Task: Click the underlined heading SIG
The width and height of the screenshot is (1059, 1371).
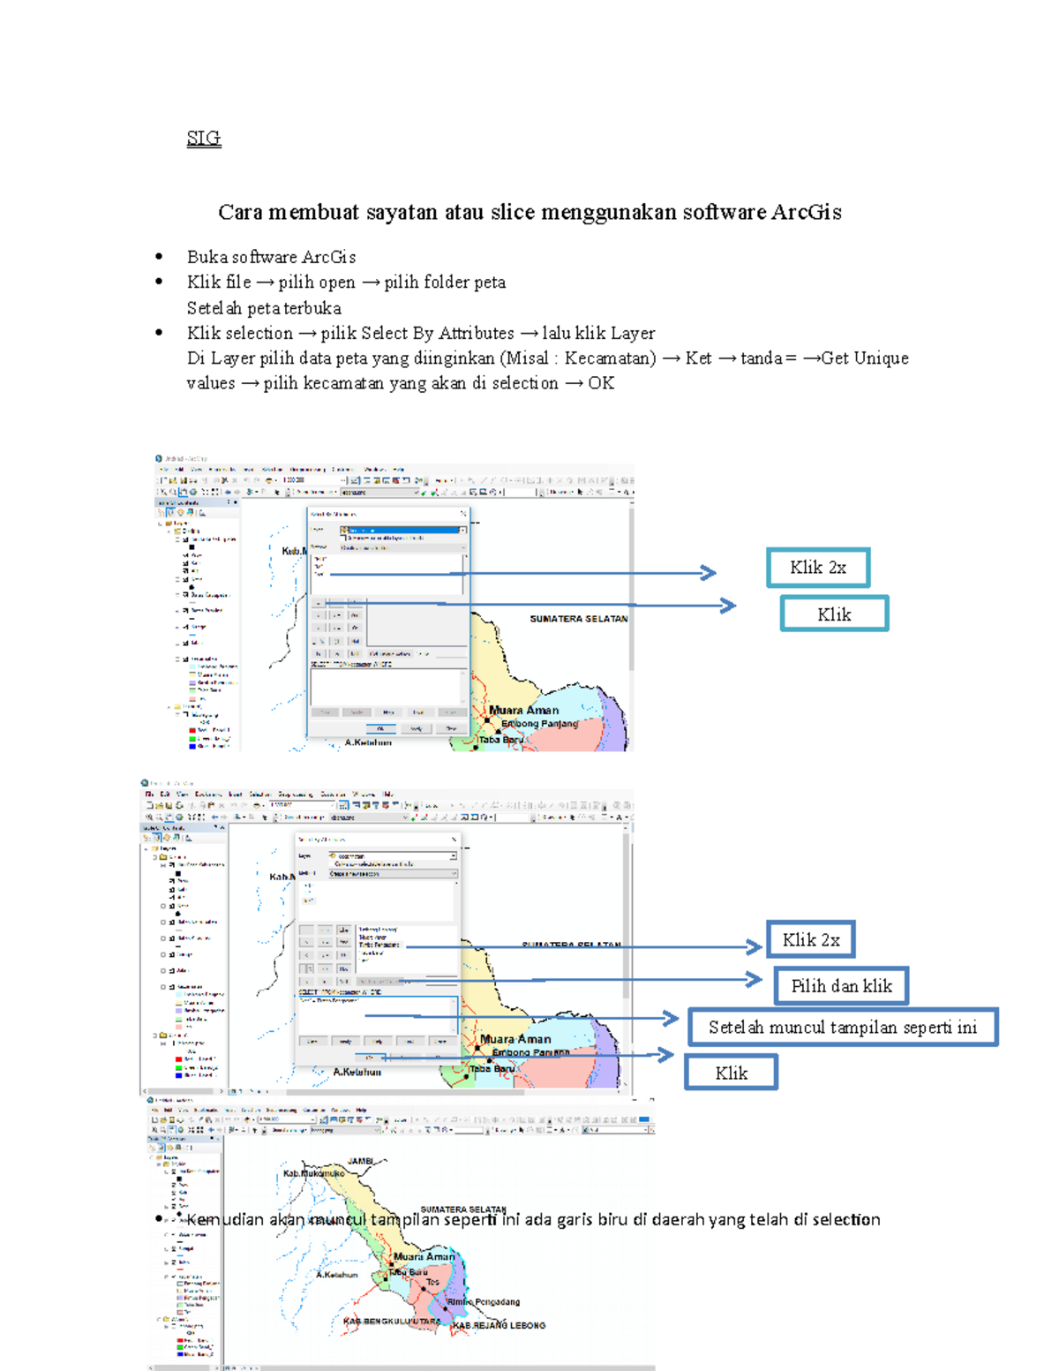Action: (x=204, y=138)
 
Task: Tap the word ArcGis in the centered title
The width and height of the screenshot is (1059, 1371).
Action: (x=806, y=212)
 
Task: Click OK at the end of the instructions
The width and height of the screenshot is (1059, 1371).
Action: (x=601, y=383)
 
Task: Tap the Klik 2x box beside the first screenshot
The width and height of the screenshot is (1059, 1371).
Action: (x=818, y=568)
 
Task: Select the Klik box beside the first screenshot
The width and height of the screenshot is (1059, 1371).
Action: (x=834, y=614)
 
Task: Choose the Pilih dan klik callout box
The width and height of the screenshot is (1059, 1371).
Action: (x=841, y=986)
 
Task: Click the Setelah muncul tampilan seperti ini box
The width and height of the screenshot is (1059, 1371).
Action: (x=843, y=1028)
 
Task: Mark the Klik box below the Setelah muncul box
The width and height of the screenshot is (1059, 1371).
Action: (x=731, y=1073)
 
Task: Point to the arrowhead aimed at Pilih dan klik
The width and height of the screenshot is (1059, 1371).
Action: (x=755, y=979)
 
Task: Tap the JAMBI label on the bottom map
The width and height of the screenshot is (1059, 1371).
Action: (x=361, y=1161)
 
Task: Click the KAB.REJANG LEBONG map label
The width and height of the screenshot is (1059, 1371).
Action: (x=499, y=1325)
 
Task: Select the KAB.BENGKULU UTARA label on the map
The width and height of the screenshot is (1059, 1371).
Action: (x=392, y=1322)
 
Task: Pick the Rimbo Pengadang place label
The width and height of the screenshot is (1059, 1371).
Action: (x=483, y=1301)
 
